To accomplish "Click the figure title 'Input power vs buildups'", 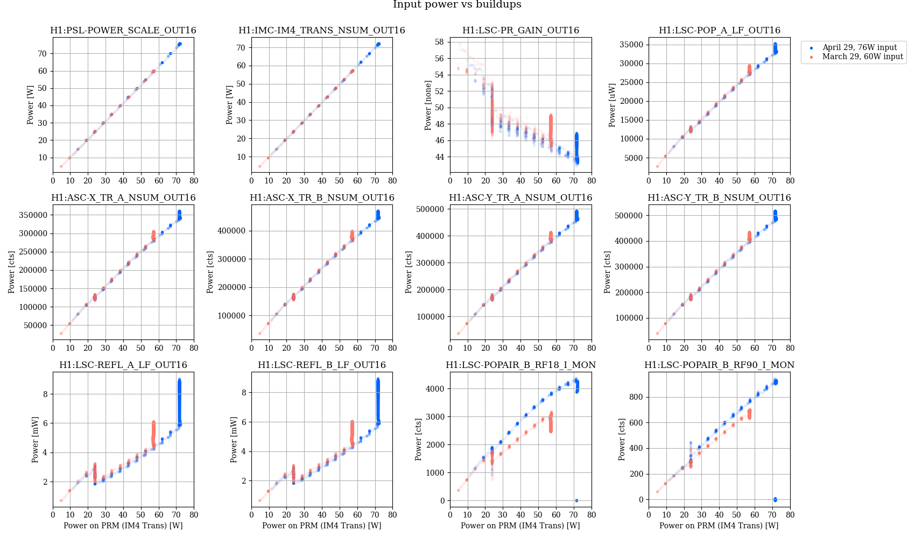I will pos(457,5).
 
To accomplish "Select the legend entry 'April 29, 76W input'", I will pos(860,47).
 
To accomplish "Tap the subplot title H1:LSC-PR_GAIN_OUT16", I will pos(520,31).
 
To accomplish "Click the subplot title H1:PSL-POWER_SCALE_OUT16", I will pos(123,31).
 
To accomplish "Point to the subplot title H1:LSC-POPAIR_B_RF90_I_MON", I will pos(719,365).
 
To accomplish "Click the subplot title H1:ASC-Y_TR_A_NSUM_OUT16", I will pos(520,198).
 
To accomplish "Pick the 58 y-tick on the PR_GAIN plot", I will pos(439,42).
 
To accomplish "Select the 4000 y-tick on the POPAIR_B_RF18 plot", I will pos(435,388).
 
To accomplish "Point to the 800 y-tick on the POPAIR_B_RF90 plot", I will pos(637,397).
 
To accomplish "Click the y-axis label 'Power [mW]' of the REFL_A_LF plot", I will pos(35,440).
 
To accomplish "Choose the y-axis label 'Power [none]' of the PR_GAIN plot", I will pos(428,105).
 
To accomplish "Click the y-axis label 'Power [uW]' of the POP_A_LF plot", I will pos(612,105).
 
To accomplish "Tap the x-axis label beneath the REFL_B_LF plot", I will pos(322,526).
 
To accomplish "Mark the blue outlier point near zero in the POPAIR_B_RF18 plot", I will pos(576,500).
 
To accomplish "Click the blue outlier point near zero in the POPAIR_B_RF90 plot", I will pos(775,500).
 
